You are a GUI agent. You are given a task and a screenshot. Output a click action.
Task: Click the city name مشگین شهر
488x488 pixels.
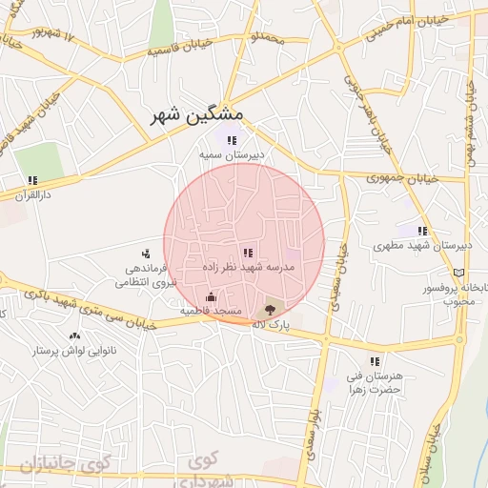tap(197, 115)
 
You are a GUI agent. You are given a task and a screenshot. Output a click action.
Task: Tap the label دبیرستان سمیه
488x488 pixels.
tap(230, 153)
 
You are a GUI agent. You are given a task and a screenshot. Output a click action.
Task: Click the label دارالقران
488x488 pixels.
tap(31, 193)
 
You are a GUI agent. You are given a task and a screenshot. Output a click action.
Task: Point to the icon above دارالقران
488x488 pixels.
tap(32, 179)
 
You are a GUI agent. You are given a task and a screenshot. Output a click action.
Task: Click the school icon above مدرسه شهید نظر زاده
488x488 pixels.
tap(248, 254)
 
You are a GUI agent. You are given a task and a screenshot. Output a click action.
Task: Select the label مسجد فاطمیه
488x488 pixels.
tap(211, 312)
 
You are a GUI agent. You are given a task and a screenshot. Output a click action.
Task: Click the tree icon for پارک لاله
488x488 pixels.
tap(270, 309)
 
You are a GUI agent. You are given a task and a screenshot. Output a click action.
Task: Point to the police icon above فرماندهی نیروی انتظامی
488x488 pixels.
tap(145, 254)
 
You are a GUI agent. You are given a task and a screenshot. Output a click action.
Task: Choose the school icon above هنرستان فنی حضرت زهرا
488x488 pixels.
tap(375, 361)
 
